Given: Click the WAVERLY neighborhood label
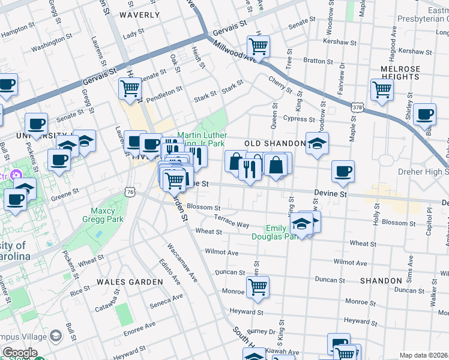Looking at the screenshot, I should point(140,14).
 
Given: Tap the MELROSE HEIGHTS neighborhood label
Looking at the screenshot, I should point(400,73).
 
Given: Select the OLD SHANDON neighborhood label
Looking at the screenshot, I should point(275,143).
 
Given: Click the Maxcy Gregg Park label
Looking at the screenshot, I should point(107,215).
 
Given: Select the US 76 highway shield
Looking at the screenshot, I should point(131,191).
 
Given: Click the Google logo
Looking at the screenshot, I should point(20,352).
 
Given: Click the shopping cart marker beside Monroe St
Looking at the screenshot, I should point(258,287).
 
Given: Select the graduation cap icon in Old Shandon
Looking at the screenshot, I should point(317,143).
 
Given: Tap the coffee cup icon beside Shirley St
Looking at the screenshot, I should point(425,113).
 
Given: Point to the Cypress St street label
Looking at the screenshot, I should point(300,119).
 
